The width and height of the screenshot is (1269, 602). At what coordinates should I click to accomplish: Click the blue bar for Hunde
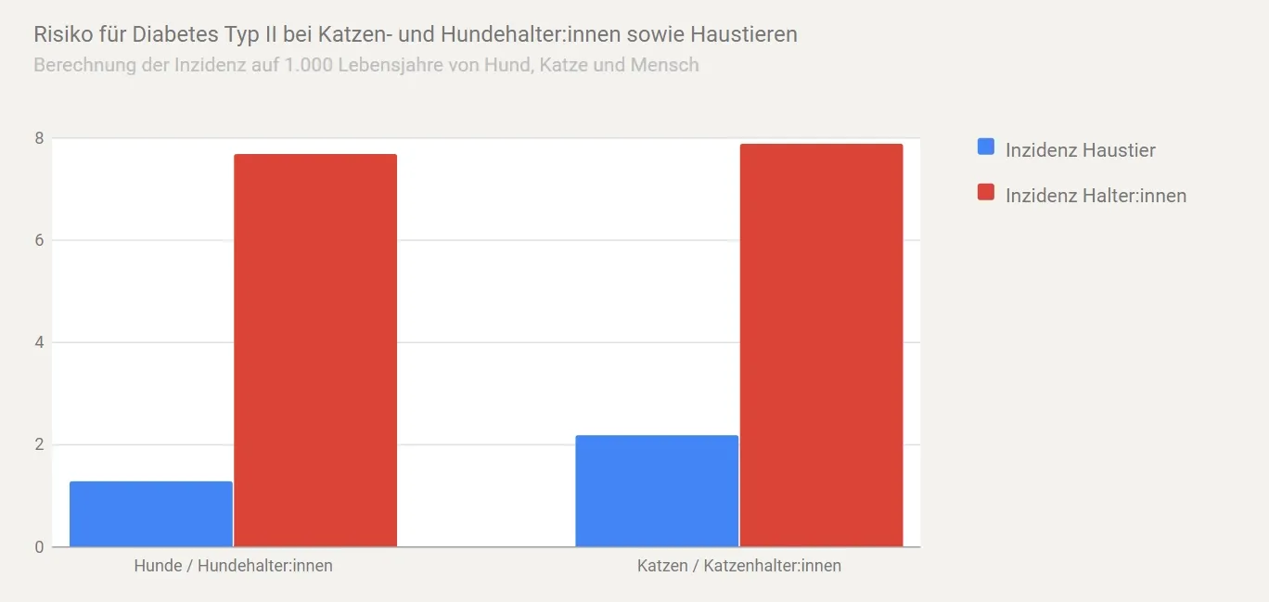pos(151,514)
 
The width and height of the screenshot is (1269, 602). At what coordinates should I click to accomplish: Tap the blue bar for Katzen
pos(657,491)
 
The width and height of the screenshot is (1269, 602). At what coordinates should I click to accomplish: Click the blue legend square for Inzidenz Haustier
pos(986,147)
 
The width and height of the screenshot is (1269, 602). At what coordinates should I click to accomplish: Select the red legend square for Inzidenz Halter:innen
pos(986,193)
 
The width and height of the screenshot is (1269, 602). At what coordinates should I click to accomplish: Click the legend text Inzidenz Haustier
pos(1080,150)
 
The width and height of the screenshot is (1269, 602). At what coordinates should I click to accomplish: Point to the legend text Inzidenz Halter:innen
pos(1096,196)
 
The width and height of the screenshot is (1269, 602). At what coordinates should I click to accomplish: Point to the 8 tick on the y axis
pos(39,138)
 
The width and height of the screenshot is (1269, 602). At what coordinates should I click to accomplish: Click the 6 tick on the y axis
pos(39,240)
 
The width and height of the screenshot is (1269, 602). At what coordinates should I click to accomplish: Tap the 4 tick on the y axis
pos(39,342)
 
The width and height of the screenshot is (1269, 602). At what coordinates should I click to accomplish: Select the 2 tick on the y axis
pos(39,444)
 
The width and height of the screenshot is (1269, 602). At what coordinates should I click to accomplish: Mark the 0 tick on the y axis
pos(39,547)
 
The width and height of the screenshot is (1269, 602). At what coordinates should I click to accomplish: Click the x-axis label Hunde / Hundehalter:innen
pos(233,566)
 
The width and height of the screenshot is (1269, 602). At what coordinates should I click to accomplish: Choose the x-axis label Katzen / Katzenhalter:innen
pos(739,566)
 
